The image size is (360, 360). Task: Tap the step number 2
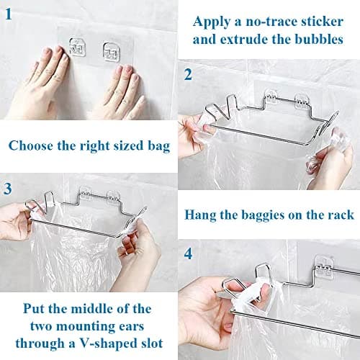(189, 74)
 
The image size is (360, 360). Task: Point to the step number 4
(189, 254)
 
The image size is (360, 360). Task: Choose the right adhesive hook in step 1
(111, 52)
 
